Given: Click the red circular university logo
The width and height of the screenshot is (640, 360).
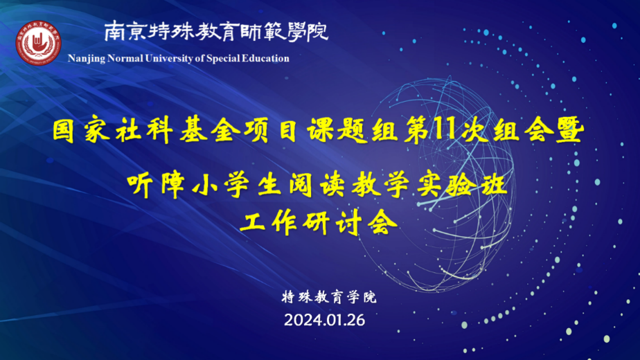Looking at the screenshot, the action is click(x=38, y=43).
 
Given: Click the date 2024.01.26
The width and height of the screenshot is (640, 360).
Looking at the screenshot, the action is click(x=324, y=320).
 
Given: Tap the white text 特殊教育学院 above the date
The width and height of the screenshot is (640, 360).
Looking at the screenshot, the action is click(x=329, y=297).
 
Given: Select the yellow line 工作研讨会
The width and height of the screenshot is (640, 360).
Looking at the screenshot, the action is click(x=319, y=223).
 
